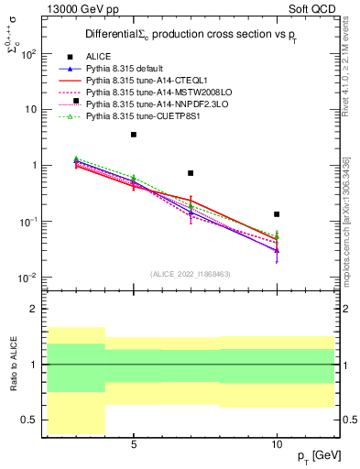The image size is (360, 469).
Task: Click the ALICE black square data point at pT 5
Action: click(134, 135)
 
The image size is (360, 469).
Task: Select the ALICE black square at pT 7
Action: click(191, 172)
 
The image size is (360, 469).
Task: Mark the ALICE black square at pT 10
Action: click(277, 213)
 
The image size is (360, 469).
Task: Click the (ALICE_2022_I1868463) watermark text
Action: click(191, 273)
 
